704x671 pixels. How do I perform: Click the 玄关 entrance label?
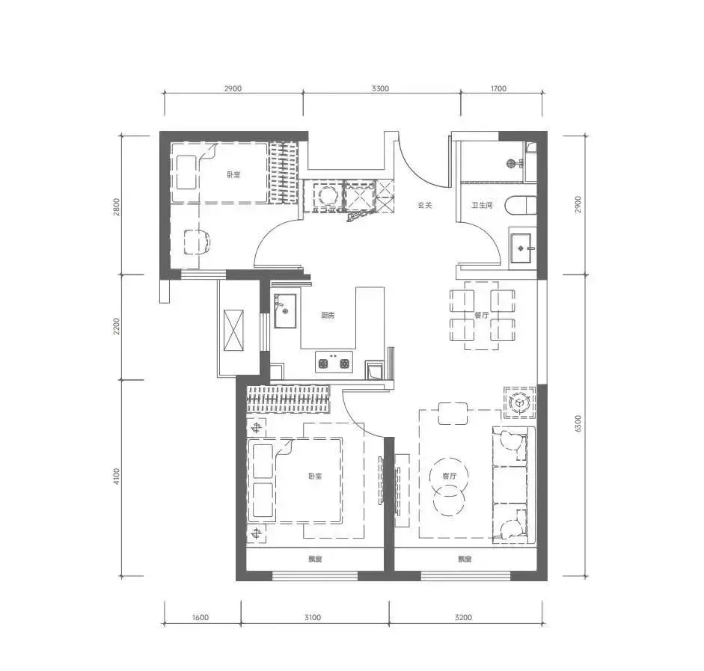click(x=424, y=205)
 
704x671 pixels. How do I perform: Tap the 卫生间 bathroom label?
click(x=482, y=205)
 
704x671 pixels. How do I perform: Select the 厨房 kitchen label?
click(x=328, y=316)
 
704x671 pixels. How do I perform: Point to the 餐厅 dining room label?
click(x=481, y=316)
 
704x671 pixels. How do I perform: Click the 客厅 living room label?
click(x=449, y=477)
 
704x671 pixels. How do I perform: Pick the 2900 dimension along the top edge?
click(x=233, y=88)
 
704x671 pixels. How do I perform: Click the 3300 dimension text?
click(x=380, y=88)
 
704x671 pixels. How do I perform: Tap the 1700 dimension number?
click(x=498, y=88)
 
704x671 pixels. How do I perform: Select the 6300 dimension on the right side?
click(x=578, y=423)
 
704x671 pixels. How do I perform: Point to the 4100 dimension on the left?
click(x=117, y=477)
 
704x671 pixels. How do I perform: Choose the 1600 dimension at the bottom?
click(x=201, y=617)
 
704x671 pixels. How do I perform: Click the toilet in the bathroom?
click(x=521, y=206)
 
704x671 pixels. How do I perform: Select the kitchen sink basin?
click(x=285, y=310)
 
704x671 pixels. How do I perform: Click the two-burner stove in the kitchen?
click(x=334, y=362)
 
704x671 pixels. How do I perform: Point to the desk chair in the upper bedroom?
click(x=197, y=242)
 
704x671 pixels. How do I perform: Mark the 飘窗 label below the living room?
click(x=465, y=560)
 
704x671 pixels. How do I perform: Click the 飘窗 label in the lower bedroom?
click(x=315, y=560)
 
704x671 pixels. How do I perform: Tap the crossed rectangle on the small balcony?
click(x=233, y=330)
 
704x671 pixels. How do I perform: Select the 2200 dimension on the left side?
click(x=117, y=327)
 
